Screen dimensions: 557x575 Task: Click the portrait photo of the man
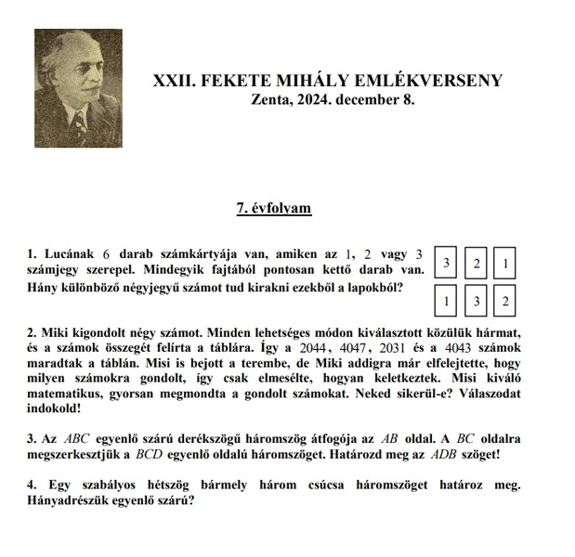(x=78, y=88)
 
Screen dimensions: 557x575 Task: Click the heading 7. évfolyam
(x=273, y=208)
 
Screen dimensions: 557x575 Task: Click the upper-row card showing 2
(x=477, y=264)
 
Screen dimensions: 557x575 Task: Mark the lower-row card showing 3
(x=477, y=302)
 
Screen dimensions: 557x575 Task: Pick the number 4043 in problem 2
(x=456, y=348)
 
